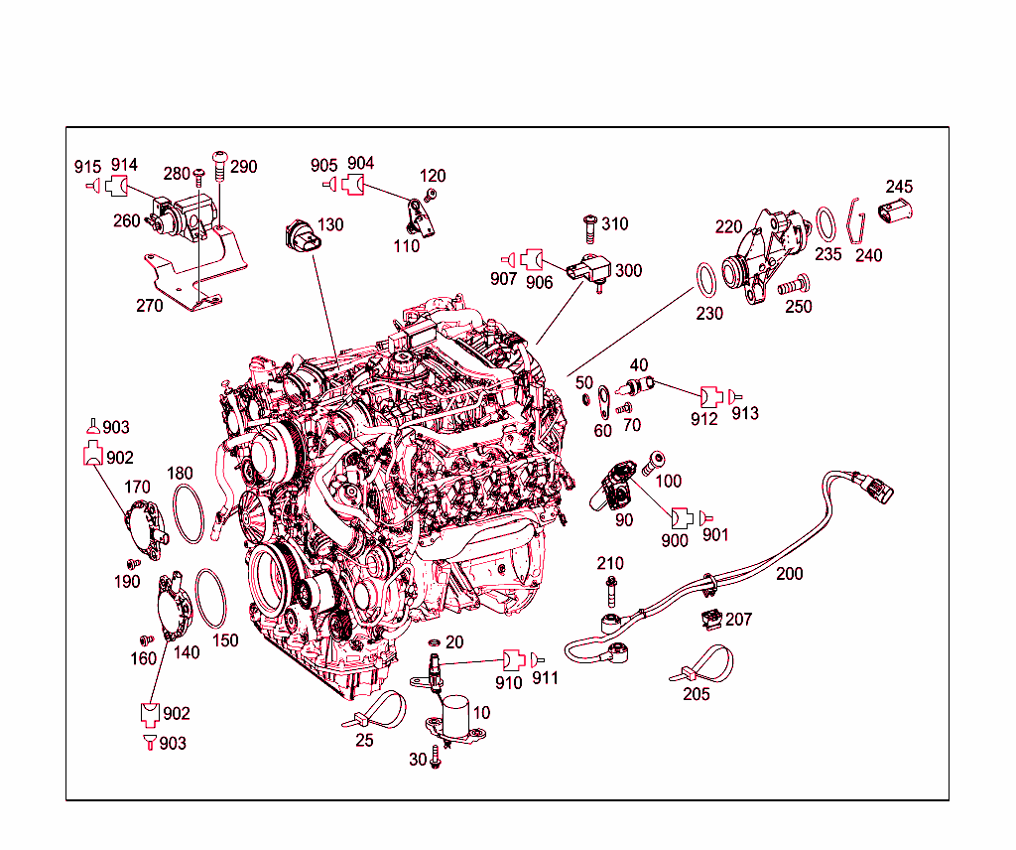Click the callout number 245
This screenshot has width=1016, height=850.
900,187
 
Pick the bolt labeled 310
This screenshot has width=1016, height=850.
588,225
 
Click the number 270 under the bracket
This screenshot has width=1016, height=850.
149,306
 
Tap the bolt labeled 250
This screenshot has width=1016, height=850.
791,286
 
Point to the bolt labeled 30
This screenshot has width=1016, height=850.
435,759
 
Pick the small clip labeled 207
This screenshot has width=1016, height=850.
711,618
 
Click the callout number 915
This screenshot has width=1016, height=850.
87,165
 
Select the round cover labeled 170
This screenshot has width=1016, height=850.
143,524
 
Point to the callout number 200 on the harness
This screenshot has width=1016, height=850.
790,574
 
